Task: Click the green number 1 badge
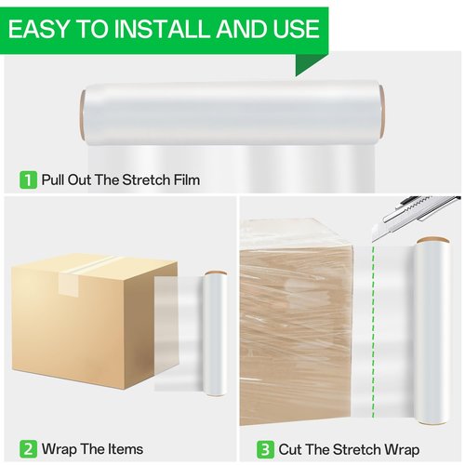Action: (28, 179)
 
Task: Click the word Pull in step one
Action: (54, 179)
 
